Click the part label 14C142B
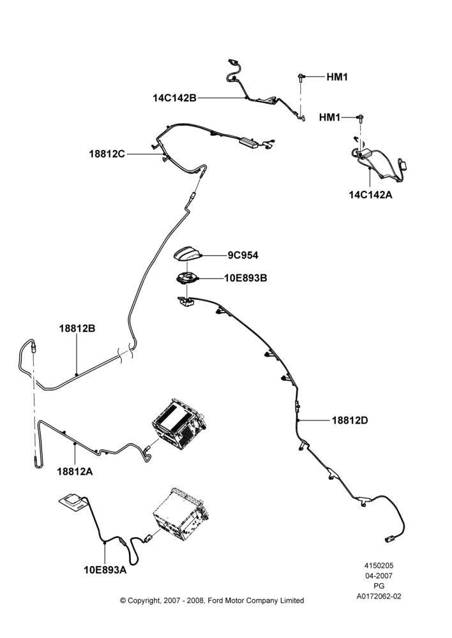[x=174, y=98]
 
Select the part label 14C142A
[x=370, y=195]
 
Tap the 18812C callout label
[x=107, y=154]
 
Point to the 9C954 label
[x=243, y=256]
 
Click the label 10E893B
[x=246, y=278]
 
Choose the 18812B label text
[x=77, y=329]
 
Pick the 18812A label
[x=75, y=471]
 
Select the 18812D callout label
[x=350, y=420]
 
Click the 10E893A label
[x=105, y=570]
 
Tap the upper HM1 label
[x=337, y=77]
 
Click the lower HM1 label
[x=329, y=117]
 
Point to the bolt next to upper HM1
[x=301, y=78]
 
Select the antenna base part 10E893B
[x=187, y=278]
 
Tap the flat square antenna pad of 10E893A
[x=73, y=503]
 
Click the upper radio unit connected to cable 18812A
[x=179, y=424]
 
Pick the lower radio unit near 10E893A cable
[x=181, y=514]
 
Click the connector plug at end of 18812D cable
[x=388, y=540]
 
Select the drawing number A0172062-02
[x=379, y=597]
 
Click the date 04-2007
[x=379, y=575]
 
